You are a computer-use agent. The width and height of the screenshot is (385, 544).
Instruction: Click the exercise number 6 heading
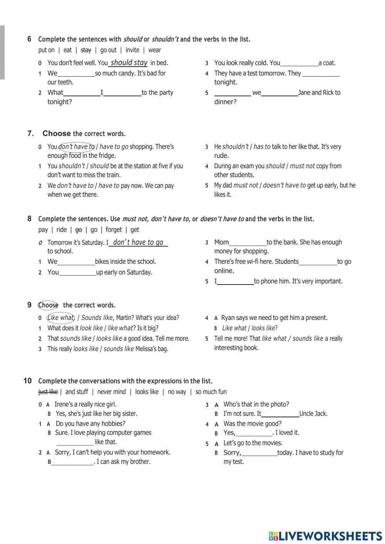coord(29,39)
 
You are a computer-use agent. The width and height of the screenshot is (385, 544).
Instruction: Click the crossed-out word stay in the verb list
coord(86,50)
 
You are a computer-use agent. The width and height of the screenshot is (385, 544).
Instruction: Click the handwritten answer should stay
coord(129,62)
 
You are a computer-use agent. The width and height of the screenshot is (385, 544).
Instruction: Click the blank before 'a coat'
coord(299,63)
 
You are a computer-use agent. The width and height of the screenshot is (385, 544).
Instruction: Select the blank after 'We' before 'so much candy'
coord(76,74)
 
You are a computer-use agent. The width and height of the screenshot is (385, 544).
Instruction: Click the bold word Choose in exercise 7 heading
coord(57,134)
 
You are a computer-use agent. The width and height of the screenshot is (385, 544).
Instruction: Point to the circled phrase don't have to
coord(77,147)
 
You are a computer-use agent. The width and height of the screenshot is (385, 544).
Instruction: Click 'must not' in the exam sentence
coord(302,166)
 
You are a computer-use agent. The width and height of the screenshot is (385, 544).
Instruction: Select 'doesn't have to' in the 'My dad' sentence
coord(284,185)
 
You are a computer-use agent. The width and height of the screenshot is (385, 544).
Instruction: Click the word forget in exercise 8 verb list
coord(114,230)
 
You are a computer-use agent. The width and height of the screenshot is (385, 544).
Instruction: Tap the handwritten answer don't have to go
coord(138,242)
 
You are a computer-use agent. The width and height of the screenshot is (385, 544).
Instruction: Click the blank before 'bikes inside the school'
coord(76,262)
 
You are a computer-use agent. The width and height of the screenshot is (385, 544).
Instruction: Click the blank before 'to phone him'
coord(235,282)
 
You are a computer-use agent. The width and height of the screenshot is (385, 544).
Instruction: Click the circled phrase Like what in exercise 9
coord(60,318)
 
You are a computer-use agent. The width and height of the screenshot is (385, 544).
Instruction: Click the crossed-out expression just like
coord(48,392)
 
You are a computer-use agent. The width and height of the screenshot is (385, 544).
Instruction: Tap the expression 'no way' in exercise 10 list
coord(177,392)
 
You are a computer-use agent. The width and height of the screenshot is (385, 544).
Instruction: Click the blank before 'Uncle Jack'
coord(280,414)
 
